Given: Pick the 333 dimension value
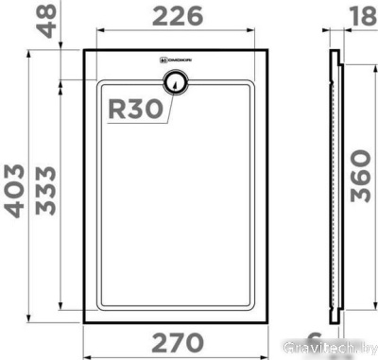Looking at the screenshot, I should pos(46,190).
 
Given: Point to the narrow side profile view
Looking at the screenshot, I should pos(335,184).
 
